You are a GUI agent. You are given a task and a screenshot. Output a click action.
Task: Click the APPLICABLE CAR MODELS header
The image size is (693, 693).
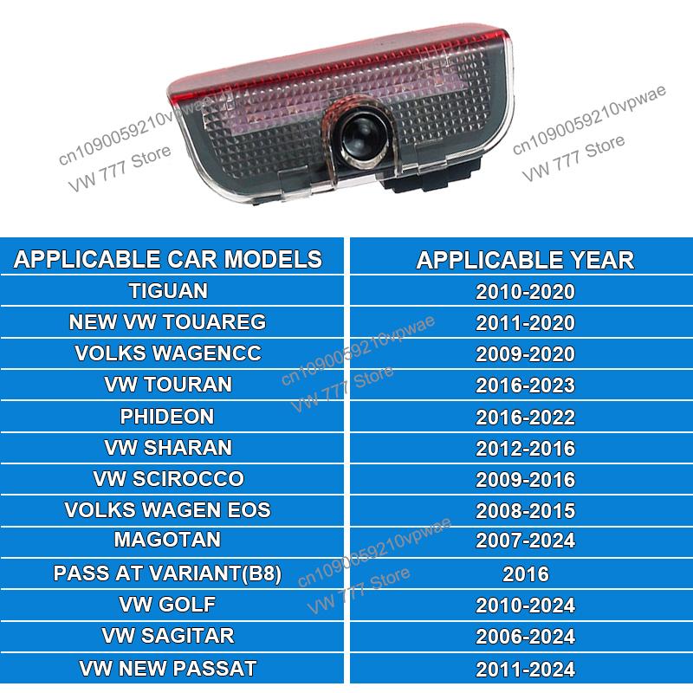coord(168,258)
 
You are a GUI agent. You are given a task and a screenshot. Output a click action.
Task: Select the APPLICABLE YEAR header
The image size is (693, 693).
coord(525,258)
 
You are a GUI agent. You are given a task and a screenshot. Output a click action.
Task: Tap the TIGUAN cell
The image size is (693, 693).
coord(168,290)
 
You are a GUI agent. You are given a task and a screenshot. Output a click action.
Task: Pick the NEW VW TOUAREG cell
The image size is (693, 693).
coord(168,322)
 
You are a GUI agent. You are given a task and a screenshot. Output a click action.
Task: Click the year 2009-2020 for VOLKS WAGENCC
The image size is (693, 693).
coord(525,353)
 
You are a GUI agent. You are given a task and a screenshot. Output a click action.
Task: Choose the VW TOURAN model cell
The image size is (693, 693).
coord(168,385)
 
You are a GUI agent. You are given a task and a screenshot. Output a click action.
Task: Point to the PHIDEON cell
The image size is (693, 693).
coord(168,416)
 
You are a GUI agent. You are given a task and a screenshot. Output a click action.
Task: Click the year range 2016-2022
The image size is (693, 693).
coord(525,417)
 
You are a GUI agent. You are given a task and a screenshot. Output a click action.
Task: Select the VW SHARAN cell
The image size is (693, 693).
coord(168,447)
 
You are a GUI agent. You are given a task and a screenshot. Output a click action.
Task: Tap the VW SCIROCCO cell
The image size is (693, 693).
coord(168,478)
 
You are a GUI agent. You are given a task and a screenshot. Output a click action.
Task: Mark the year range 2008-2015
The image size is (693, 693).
coord(525,510)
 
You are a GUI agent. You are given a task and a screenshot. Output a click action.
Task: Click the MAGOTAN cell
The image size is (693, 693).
coord(168,540)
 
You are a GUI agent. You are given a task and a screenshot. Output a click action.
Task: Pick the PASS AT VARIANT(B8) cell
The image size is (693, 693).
coord(168,573)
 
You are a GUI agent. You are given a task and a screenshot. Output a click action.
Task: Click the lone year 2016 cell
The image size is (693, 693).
coord(525,573)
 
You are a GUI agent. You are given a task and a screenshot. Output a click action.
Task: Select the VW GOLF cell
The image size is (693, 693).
coord(168,604)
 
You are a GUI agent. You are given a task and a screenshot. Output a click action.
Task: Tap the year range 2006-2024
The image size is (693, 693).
coord(525,637)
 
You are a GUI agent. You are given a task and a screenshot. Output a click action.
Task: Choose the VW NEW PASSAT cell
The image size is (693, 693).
coord(168,668)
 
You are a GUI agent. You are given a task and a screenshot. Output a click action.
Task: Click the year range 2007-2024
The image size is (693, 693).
coord(525,541)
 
